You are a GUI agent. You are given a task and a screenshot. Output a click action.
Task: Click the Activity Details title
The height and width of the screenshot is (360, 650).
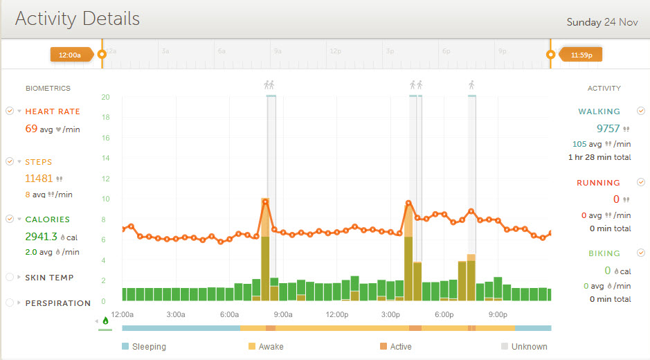tap(78, 19)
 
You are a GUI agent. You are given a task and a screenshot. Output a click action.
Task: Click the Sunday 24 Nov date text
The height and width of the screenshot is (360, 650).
tap(602, 22)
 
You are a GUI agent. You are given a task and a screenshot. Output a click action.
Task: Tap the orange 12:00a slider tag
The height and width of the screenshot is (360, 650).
tap(71, 54)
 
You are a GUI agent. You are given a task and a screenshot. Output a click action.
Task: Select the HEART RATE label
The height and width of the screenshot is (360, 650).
tap(53, 111)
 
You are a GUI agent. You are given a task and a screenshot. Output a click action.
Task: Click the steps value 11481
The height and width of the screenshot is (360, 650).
tap(39, 178)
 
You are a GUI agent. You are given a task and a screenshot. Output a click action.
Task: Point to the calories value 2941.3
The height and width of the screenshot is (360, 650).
tap(41, 236)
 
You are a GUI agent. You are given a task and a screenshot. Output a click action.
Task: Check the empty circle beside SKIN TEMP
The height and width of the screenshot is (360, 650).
tap(10, 278)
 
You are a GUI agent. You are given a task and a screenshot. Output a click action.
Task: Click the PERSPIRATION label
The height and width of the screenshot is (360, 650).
tap(58, 303)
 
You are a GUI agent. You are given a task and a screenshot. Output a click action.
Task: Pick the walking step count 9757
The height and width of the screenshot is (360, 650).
tap(608, 128)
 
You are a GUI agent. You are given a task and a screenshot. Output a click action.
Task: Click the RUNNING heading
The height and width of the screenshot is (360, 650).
tap(599, 183)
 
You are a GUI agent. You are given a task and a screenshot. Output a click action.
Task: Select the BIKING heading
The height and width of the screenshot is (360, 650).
tap(604, 253)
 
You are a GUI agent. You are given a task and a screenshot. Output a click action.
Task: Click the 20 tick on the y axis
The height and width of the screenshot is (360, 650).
tap(105, 97)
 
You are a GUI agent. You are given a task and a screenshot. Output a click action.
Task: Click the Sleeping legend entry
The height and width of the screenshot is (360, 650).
tap(149, 346)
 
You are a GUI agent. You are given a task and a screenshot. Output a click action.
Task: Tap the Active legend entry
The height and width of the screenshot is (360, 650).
tap(400, 346)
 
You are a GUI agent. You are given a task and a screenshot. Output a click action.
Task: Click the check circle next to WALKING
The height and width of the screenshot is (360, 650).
tap(641, 111)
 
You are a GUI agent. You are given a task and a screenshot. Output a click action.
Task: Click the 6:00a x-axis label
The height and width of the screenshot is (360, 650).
tap(229, 314)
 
